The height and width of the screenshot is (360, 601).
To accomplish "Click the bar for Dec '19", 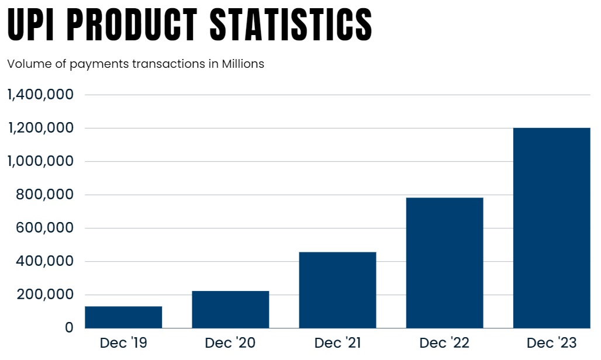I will coord(123,317).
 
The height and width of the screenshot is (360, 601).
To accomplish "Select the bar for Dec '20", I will coord(230,309).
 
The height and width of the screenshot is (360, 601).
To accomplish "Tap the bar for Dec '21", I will coord(337,290).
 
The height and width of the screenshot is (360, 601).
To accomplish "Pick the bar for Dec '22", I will coord(444,263).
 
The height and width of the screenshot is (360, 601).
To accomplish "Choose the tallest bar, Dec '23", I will coord(551,228).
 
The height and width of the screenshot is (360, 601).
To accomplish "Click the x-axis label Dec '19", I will coord(123,343).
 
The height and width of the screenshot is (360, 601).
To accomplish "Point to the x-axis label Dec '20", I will coord(230,343).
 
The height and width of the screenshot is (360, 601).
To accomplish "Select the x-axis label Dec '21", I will coord(337,343).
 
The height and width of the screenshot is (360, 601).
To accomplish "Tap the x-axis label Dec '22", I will coord(444,343).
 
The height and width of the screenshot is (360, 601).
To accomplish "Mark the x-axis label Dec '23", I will coord(551,343).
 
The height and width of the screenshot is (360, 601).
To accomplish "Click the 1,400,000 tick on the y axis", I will coord(40,95).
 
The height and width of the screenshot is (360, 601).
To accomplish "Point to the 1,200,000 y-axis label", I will coord(40,128).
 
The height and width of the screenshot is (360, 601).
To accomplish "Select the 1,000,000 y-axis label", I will coord(40,161).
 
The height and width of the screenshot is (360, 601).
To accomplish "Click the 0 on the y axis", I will coord(70,328).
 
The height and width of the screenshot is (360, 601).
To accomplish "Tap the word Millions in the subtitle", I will coord(243,64).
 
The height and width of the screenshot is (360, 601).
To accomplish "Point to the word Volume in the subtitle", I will coord(26,64).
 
